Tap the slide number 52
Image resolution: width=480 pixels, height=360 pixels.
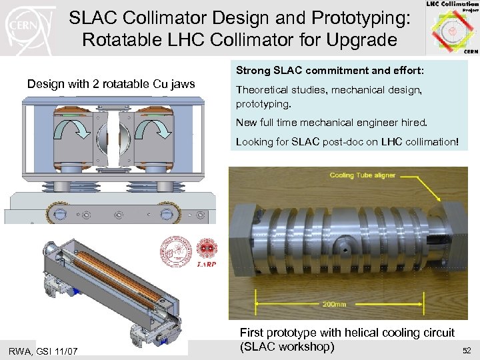464,350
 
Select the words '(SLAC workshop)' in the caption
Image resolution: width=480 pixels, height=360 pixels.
287,347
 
